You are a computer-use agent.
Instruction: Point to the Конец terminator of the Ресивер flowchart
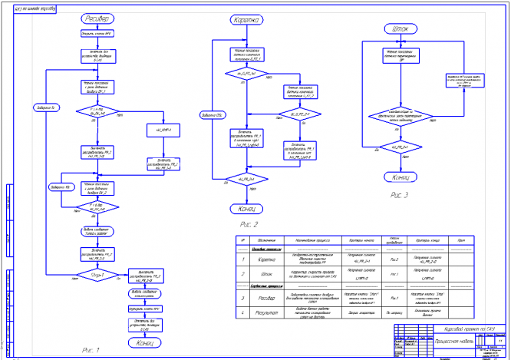tap(145, 343)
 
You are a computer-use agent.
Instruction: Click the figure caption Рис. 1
tap(91, 350)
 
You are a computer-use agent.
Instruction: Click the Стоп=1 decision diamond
tap(97, 275)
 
